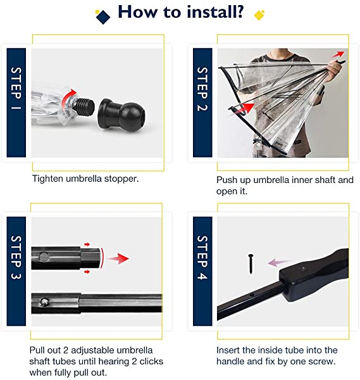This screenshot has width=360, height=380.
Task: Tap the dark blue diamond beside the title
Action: [x=103, y=17]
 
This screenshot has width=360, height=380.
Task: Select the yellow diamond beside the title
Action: [x=259, y=15]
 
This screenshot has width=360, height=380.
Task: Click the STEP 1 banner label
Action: [x=16, y=88]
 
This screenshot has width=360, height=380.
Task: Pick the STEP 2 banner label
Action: [x=202, y=89]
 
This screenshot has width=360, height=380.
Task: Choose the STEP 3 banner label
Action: [x=16, y=257]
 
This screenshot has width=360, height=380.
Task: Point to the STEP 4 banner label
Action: [x=202, y=257]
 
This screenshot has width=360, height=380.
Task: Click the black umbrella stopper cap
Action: [x=121, y=113]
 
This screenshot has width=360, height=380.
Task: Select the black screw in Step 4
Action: [x=251, y=263]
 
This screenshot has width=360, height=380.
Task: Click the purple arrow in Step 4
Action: [x=279, y=262]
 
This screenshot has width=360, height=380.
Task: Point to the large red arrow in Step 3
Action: [x=118, y=258]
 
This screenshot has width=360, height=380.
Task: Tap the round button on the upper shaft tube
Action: [x=44, y=256]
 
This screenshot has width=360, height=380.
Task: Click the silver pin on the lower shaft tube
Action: [x=44, y=302]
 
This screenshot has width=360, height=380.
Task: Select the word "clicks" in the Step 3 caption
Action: [x=151, y=361]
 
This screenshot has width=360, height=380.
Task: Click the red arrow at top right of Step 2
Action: [x=337, y=54]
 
